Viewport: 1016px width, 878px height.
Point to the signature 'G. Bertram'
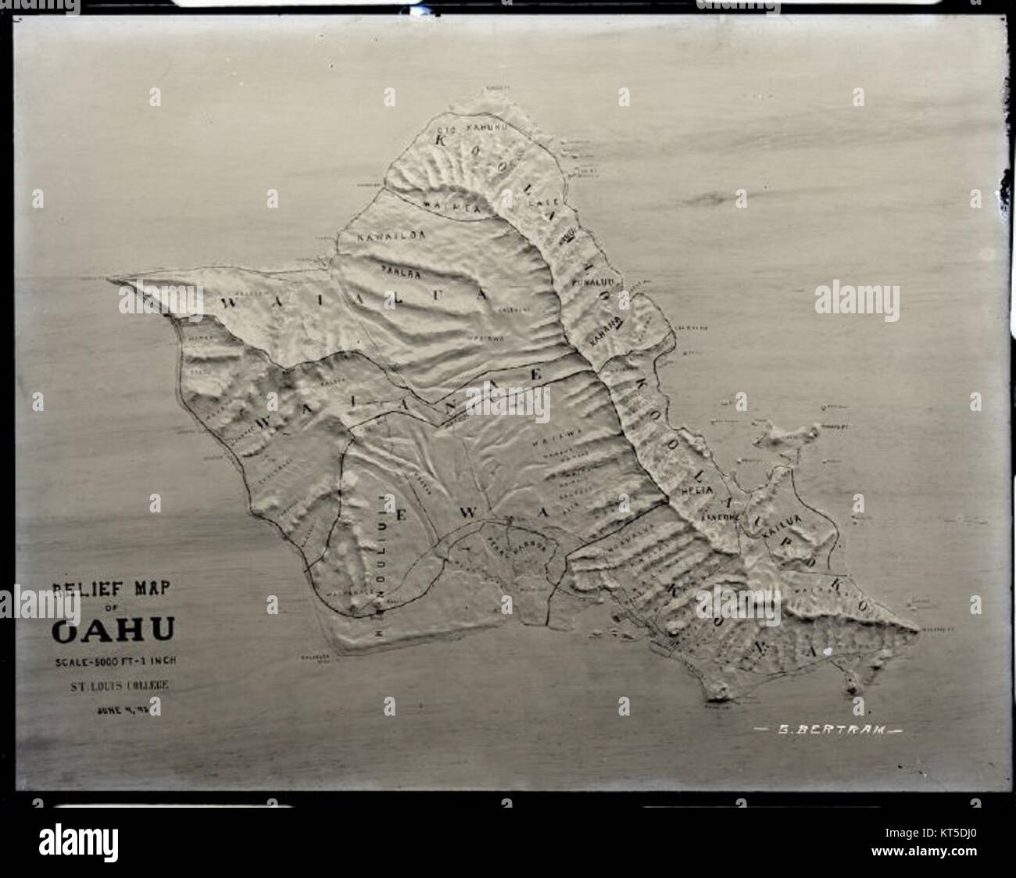pyautogui.click(x=826, y=731)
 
